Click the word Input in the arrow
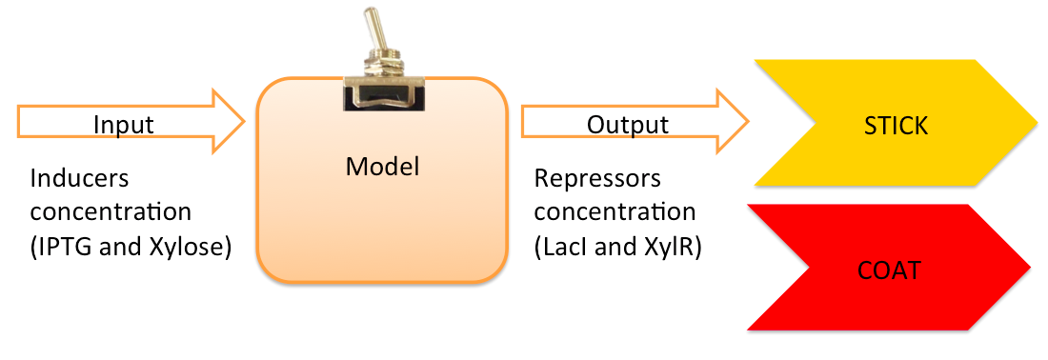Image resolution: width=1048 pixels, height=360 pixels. [123, 125]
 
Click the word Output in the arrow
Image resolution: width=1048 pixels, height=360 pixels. [627, 125]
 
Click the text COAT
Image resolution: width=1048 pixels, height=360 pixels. [888, 270]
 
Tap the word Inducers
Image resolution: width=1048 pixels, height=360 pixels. [79, 179]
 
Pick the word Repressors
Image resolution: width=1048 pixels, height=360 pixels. [597, 179]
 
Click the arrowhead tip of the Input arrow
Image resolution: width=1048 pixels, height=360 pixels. [245, 122]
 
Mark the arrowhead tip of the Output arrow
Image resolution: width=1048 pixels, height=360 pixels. [748, 122]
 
